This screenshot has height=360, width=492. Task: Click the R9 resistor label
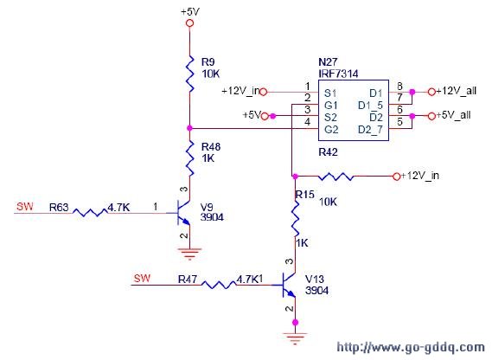[208, 62]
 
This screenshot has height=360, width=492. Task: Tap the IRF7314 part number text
[338, 74]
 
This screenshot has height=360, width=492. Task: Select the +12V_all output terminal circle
[431, 92]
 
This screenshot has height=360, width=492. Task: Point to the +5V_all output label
[453, 115]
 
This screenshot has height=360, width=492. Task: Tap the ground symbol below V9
[189, 254]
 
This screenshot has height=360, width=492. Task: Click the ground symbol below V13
[295, 338]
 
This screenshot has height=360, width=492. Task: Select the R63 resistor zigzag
[91, 213]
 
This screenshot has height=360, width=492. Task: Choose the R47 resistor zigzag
[219, 285]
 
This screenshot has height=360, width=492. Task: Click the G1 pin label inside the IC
[331, 106]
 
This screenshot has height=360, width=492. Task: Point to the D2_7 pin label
[370, 130]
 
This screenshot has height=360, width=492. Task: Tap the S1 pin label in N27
[330, 93]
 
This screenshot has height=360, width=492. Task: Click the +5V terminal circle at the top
[189, 23]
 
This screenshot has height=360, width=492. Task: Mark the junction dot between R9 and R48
[189, 128]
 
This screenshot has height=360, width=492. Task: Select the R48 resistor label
[211, 147]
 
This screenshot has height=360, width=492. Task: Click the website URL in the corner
[411, 347]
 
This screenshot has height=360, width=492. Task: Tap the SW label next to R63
[25, 207]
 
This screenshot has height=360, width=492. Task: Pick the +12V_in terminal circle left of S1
[264, 92]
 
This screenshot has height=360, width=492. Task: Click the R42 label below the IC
[329, 152]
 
